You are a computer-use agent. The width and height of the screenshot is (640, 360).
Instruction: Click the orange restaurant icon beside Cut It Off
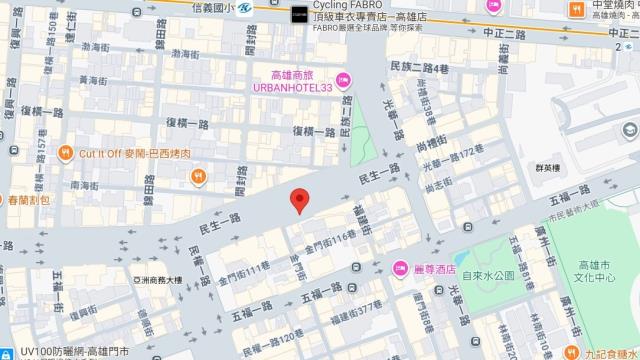click(x=65, y=152)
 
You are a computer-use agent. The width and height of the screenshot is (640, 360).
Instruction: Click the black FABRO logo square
click(x=299, y=15)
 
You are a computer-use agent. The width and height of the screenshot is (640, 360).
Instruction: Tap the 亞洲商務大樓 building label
click(x=153, y=280)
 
